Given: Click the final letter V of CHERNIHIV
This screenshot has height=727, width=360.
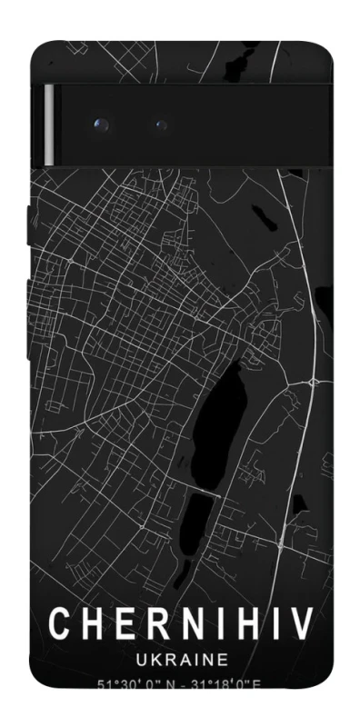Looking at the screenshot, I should click(x=300, y=624).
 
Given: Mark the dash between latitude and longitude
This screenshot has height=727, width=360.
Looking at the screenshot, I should click(x=185, y=683).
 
